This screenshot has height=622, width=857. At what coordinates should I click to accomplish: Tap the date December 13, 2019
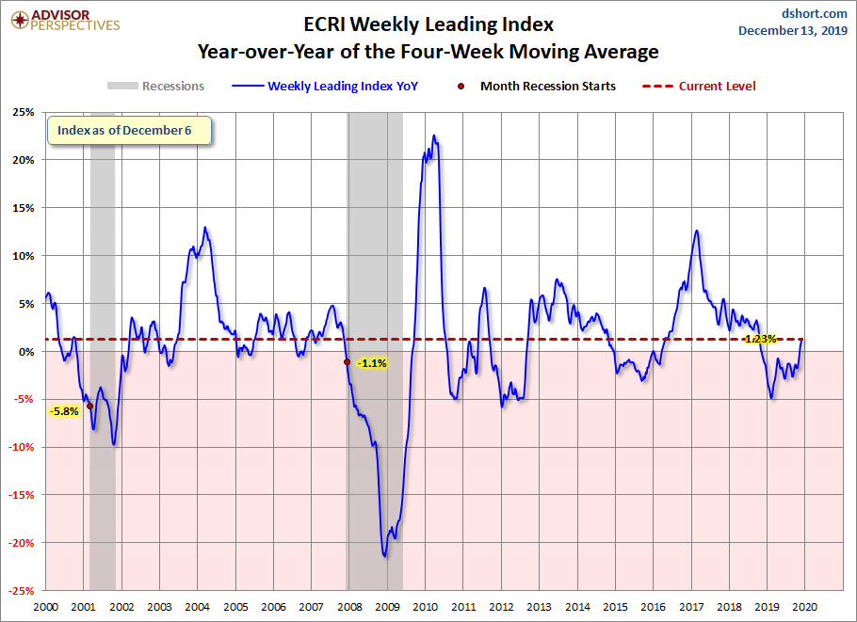792,31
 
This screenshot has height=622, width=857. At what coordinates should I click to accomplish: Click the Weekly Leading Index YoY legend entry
342,87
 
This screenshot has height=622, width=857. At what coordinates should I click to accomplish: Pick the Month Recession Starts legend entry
547,87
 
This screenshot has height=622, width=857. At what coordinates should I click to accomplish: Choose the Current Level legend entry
717,87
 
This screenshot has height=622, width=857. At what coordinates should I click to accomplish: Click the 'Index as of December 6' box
124,131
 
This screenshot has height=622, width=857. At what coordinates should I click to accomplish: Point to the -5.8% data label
65,411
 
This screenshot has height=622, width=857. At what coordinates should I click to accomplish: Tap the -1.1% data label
373,363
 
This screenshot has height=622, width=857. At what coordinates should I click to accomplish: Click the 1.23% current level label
759,339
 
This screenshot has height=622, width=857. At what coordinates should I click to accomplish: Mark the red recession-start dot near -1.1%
348,361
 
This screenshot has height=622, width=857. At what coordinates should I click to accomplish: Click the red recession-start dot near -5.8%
89,406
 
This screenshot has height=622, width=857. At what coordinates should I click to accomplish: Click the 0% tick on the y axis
27,351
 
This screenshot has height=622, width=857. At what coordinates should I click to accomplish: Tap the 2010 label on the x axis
425,607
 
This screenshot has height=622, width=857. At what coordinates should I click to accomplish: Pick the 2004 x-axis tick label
197,607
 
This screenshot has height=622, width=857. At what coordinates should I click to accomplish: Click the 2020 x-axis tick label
805,607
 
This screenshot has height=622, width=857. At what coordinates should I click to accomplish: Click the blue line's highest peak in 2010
434,136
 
